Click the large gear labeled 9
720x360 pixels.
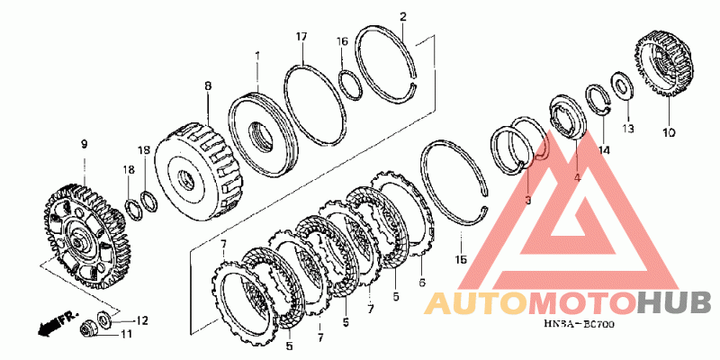click(x=87, y=236)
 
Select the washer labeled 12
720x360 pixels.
click(x=104, y=318)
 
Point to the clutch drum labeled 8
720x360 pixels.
click(x=197, y=173)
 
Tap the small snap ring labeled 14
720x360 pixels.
click(x=598, y=99)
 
